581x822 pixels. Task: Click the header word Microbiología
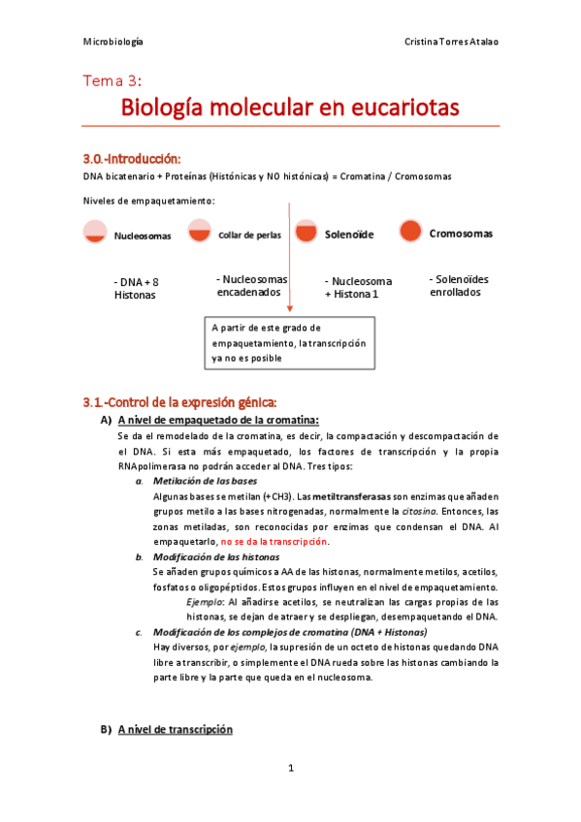point(113,43)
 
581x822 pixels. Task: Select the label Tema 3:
point(113,81)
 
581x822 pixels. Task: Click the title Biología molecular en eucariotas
point(290,107)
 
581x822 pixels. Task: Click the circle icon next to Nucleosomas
point(95,232)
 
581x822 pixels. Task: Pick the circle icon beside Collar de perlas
point(199,232)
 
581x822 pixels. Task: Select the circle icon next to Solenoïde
point(306,232)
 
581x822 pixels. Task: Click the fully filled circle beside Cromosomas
point(410,232)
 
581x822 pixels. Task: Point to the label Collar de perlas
point(249,235)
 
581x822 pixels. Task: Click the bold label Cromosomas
point(461,234)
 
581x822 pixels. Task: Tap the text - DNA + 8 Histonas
point(136,288)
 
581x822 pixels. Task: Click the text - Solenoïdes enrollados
point(458,285)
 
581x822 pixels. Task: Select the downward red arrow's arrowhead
point(289,308)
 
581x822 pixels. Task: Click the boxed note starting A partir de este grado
point(289,343)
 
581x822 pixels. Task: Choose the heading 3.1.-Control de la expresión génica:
point(180,401)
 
